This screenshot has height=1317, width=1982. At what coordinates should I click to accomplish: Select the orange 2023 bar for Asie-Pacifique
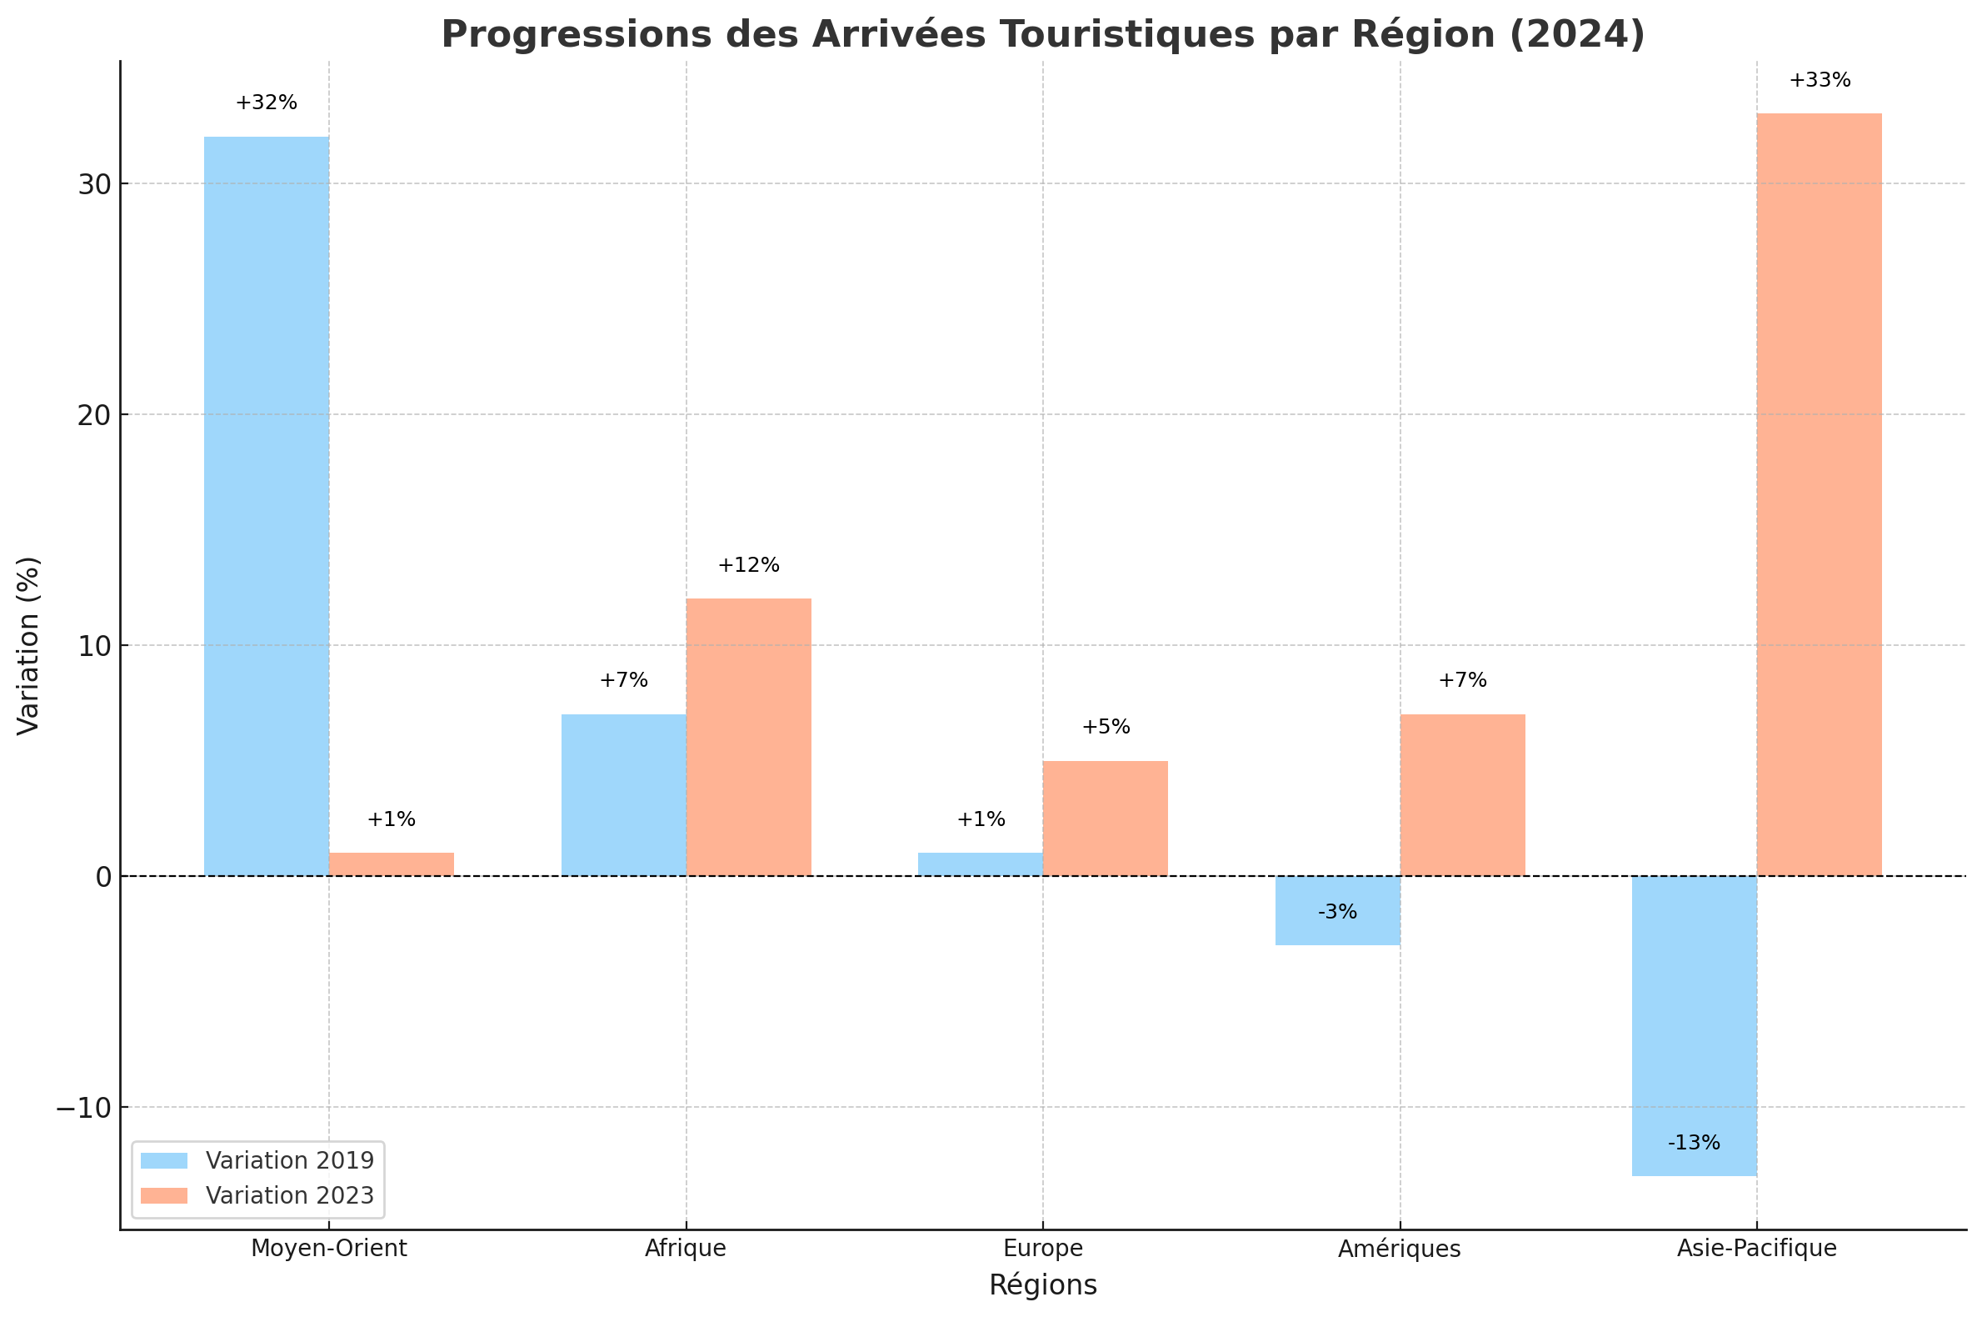[1819, 495]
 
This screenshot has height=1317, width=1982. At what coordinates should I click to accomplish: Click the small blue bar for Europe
[980, 864]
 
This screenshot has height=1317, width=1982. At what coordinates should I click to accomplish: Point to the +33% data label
[1820, 81]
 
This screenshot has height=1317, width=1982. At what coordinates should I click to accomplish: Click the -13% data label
[1693, 1143]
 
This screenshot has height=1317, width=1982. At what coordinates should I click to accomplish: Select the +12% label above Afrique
[748, 565]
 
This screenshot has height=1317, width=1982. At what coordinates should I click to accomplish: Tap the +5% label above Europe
[1106, 728]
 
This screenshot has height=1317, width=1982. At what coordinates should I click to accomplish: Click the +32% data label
[266, 103]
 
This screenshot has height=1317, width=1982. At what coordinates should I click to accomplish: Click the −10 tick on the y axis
[84, 1109]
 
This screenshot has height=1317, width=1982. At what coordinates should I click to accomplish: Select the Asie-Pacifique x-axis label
[1756, 1249]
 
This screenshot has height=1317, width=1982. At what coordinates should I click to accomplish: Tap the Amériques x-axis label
[1400, 1249]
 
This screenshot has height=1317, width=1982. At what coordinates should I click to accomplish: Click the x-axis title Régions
[1042, 1286]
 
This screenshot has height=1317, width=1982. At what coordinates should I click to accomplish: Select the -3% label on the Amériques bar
[1337, 912]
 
